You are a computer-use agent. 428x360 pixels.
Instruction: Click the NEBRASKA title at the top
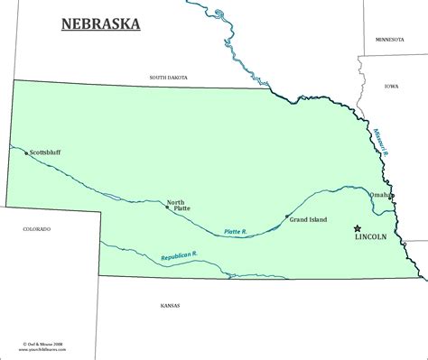click(x=100, y=23)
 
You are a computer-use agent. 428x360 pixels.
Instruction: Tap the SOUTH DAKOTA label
click(x=170, y=78)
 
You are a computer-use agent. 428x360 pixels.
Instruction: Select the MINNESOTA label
click(x=395, y=39)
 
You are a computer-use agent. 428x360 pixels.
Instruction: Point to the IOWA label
click(x=391, y=87)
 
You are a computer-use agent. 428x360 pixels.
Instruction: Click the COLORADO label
click(x=36, y=230)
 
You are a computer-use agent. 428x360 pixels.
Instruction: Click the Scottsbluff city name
click(x=47, y=152)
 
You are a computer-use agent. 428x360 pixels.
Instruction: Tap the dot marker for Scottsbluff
click(x=25, y=153)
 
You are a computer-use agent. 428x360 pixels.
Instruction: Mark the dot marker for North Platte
click(x=167, y=206)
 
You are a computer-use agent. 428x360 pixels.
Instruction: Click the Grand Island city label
click(x=307, y=218)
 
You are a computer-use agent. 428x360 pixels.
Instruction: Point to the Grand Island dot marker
click(x=286, y=217)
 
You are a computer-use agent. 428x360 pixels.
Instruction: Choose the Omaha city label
click(x=380, y=195)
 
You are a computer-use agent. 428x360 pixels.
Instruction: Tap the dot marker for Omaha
click(x=393, y=196)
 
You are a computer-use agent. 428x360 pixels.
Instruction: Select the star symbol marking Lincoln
click(x=358, y=228)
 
